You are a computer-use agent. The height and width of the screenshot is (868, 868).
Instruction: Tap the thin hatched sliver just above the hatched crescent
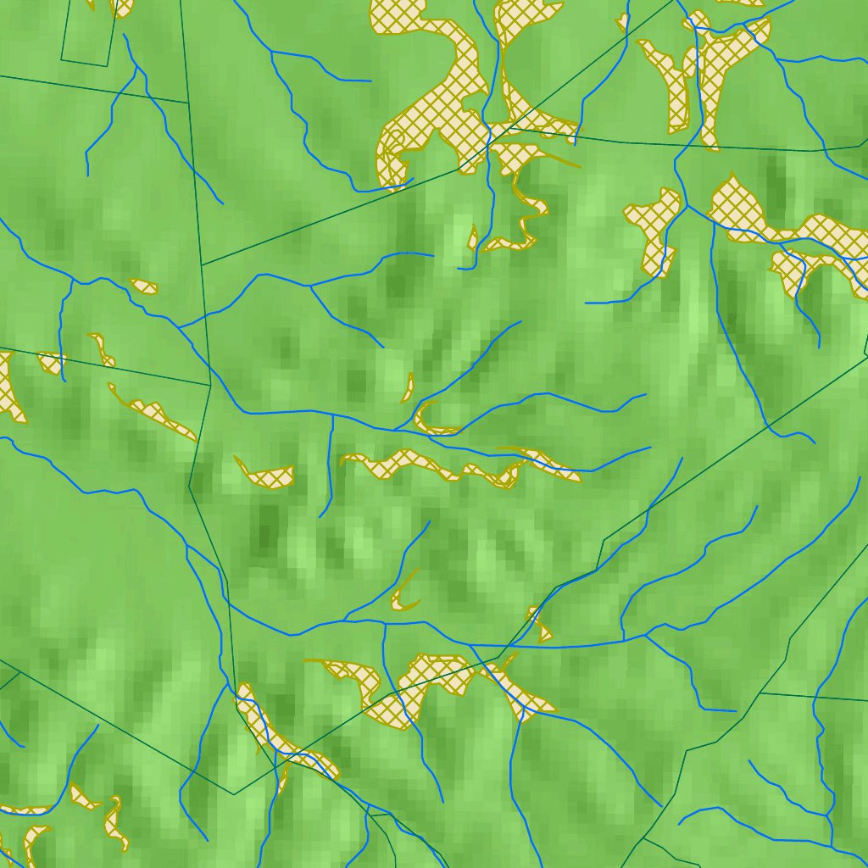(x=408, y=387)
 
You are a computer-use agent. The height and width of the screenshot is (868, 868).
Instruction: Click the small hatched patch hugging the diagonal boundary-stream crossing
(x=539, y=625)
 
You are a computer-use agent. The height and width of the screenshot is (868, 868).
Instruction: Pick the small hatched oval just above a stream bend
(x=144, y=286)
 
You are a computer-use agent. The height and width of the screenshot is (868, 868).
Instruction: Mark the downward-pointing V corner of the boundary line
(x=233, y=793)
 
